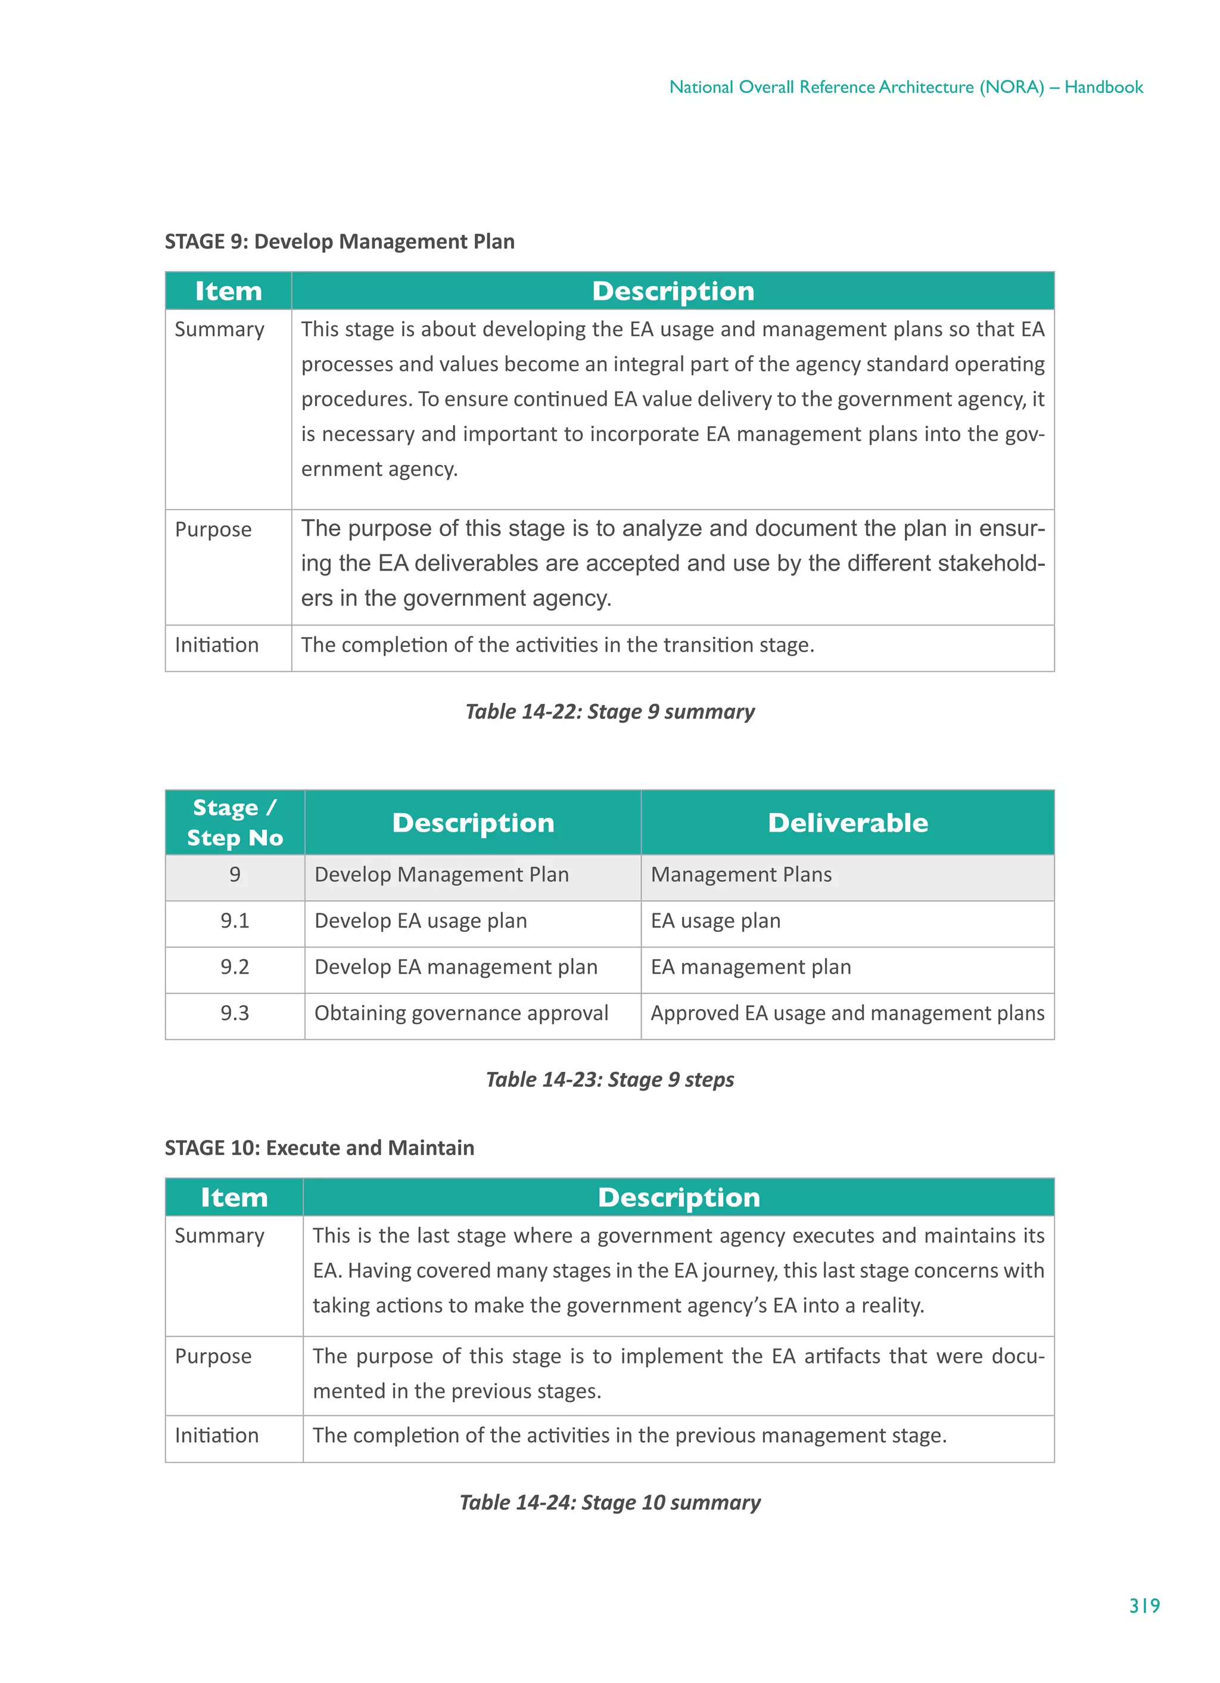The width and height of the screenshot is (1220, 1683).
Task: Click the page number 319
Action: [1144, 1605]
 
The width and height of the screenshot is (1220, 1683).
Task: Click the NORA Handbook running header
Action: [905, 87]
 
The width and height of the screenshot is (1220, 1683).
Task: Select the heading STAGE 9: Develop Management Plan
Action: [339, 241]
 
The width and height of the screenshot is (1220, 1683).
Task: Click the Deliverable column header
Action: [847, 822]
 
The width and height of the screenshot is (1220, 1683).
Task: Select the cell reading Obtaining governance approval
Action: [460, 1013]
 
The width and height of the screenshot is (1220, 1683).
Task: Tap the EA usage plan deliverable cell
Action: [715, 921]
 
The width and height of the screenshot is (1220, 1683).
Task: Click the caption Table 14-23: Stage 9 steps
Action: [609, 1079]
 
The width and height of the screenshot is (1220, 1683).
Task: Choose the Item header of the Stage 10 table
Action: [234, 1197]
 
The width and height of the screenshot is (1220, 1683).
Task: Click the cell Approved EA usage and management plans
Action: [847, 1013]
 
